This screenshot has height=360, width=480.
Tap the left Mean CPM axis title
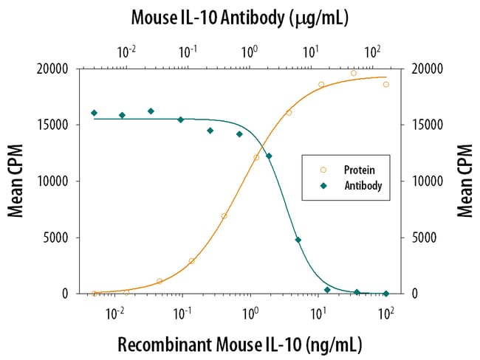click(16, 181)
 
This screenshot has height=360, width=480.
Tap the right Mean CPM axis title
click(464, 181)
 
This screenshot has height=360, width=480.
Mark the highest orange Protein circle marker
click(354, 73)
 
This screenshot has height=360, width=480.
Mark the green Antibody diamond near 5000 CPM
click(298, 240)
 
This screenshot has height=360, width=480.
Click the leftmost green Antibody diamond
click(94, 113)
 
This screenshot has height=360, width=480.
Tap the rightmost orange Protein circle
click(385, 84)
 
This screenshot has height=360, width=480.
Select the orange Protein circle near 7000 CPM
click(224, 216)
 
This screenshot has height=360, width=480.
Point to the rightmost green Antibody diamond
click(385, 294)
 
